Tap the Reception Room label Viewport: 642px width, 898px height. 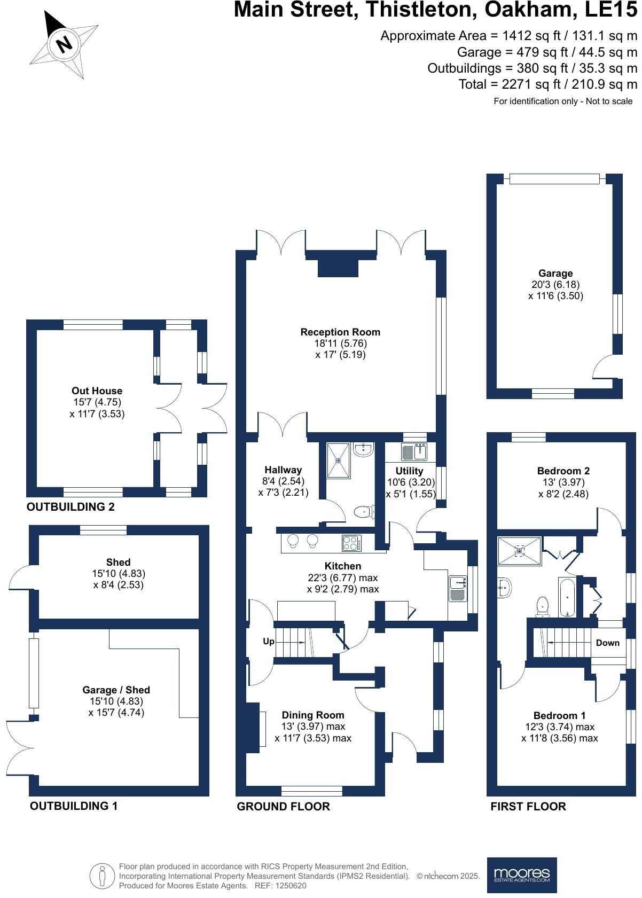coord(340,332)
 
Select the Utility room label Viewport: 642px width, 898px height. coord(409,471)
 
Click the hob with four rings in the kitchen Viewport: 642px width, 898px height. coord(351,543)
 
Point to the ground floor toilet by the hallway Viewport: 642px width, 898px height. coord(364,512)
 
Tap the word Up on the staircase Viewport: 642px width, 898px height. coord(268,641)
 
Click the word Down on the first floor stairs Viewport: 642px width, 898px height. coord(607,643)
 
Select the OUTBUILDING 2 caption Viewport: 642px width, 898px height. coord(71,506)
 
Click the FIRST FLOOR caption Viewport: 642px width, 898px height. coord(528,806)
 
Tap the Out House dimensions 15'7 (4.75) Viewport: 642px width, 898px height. coord(97,402)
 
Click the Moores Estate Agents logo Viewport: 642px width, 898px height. coord(521,875)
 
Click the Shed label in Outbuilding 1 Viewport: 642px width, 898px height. coord(118,562)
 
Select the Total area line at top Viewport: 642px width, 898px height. coord(548,84)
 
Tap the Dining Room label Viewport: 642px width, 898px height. coord(313,715)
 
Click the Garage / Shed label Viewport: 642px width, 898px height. coord(116,690)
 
